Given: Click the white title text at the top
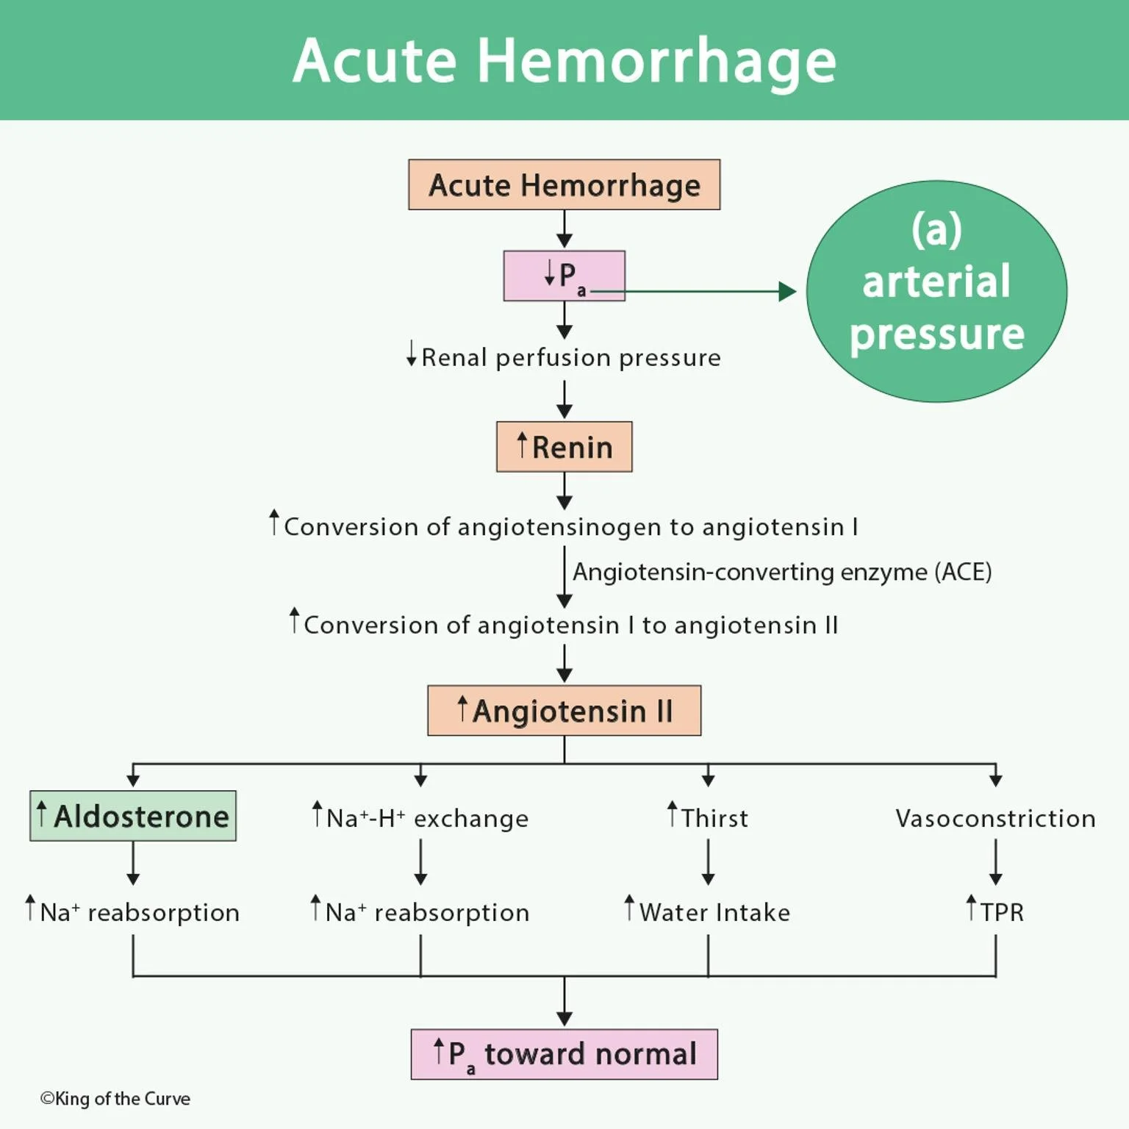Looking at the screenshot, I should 564,60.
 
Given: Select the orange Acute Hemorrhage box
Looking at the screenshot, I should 564,184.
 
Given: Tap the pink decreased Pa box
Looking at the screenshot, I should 564,276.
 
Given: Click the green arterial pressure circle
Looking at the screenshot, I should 936,291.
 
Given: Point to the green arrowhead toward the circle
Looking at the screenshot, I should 787,292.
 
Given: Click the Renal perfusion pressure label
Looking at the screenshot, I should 564,357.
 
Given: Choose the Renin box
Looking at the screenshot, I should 564,447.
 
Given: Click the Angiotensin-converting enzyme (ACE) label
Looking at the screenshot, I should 782,572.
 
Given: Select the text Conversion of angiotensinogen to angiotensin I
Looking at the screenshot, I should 564,526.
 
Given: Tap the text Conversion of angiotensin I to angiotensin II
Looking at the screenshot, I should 564,625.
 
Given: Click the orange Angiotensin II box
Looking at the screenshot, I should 564,711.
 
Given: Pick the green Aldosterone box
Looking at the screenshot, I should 133,816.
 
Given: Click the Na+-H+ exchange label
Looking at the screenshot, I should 420,818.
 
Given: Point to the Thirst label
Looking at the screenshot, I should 708,818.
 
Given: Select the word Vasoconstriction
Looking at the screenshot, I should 995,818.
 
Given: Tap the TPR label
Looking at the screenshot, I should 995,912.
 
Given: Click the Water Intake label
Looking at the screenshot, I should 708,912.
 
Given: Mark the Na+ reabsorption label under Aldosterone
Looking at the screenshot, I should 133,912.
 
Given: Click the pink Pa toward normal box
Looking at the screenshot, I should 564,1054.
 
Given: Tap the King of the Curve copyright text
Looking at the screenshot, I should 115,1099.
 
